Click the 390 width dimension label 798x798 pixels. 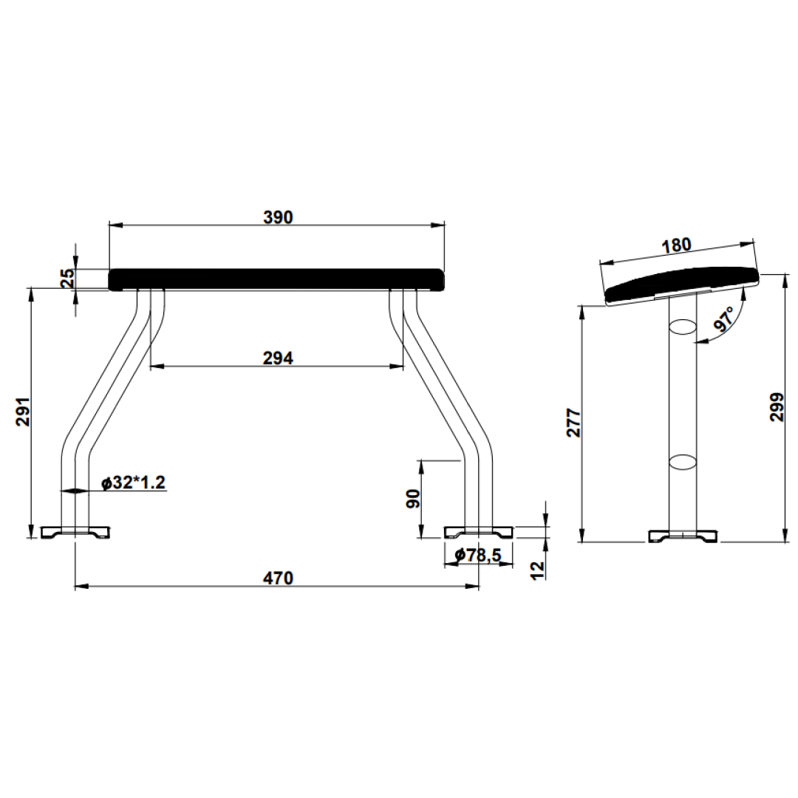(278, 218)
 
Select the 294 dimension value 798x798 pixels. (278, 359)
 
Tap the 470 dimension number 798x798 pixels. (278, 578)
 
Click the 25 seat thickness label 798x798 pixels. (67, 279)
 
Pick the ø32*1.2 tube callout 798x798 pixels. (133, 482)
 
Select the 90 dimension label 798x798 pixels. (413, 498)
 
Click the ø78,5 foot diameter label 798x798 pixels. (478, 555)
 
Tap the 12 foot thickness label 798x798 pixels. (538, 570)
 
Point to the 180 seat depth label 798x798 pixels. (676, 246)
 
